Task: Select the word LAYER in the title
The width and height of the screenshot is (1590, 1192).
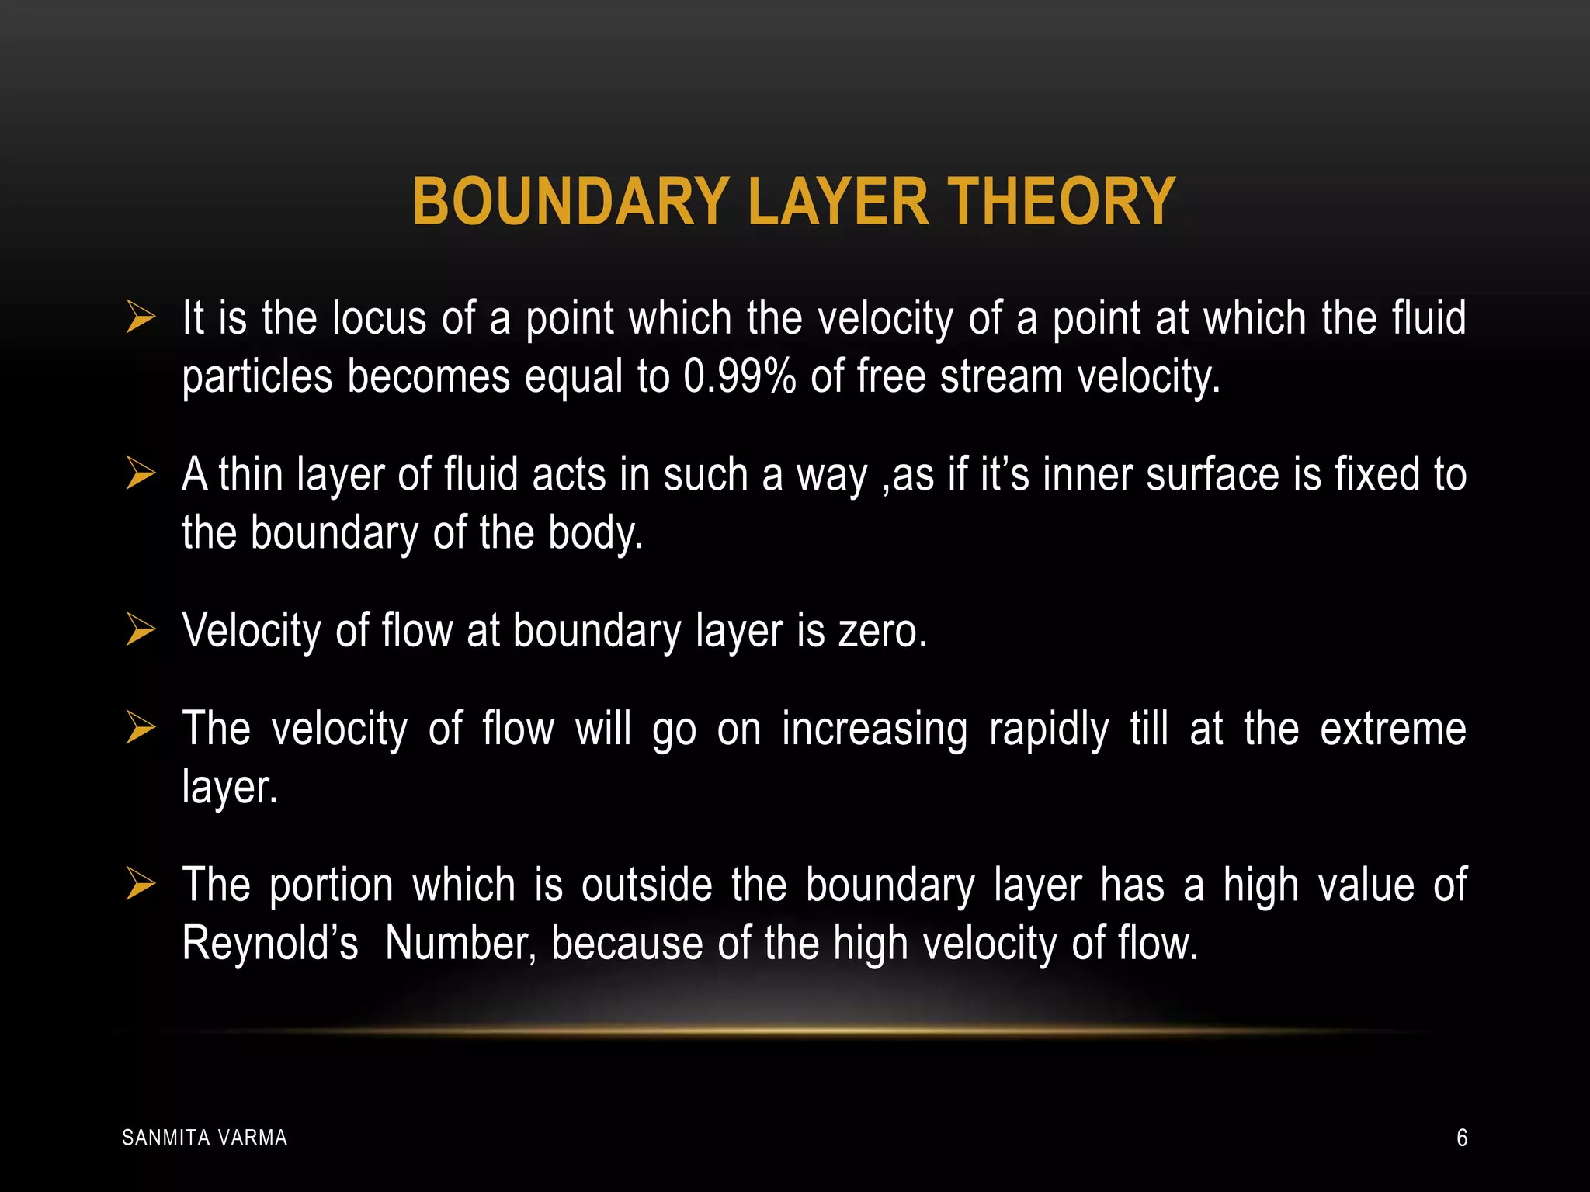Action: coord(838,202)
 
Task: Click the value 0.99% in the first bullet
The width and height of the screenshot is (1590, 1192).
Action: coord(739,377)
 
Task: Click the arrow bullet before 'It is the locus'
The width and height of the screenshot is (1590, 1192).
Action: coord(141,318)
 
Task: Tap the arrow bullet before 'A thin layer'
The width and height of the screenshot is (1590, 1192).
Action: coord(141,474)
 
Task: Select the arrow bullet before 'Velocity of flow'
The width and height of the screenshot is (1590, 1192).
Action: coord(141,629)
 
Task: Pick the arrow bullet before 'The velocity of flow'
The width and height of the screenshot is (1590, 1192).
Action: coord(141,729)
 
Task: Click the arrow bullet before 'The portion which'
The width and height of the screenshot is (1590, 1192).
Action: coord(141,885)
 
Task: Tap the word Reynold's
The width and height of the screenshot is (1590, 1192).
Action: coord(270,944)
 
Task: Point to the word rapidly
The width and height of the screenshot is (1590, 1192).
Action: coord(1049,730)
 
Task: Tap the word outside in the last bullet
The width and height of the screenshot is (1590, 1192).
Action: coord(647,885)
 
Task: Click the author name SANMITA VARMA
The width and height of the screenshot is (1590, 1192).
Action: coord(205,1138)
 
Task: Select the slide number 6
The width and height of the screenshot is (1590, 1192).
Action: coord(1462,1138)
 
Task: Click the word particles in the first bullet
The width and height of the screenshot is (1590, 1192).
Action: coord(257,378)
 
